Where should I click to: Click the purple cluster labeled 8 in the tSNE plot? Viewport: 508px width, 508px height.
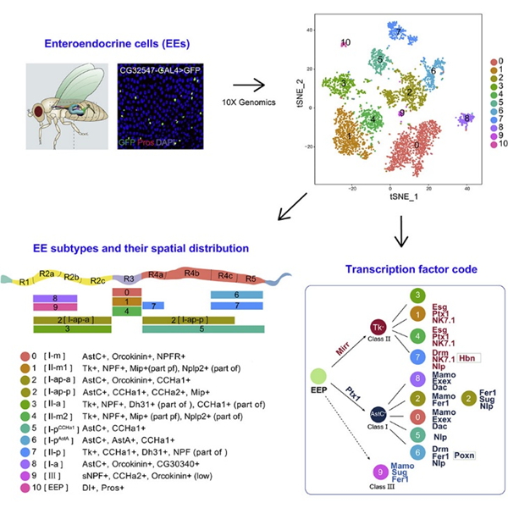pos(465,119)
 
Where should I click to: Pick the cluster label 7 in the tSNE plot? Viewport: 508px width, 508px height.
pos(397,32)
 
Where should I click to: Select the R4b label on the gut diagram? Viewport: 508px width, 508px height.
pos(192,274)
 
